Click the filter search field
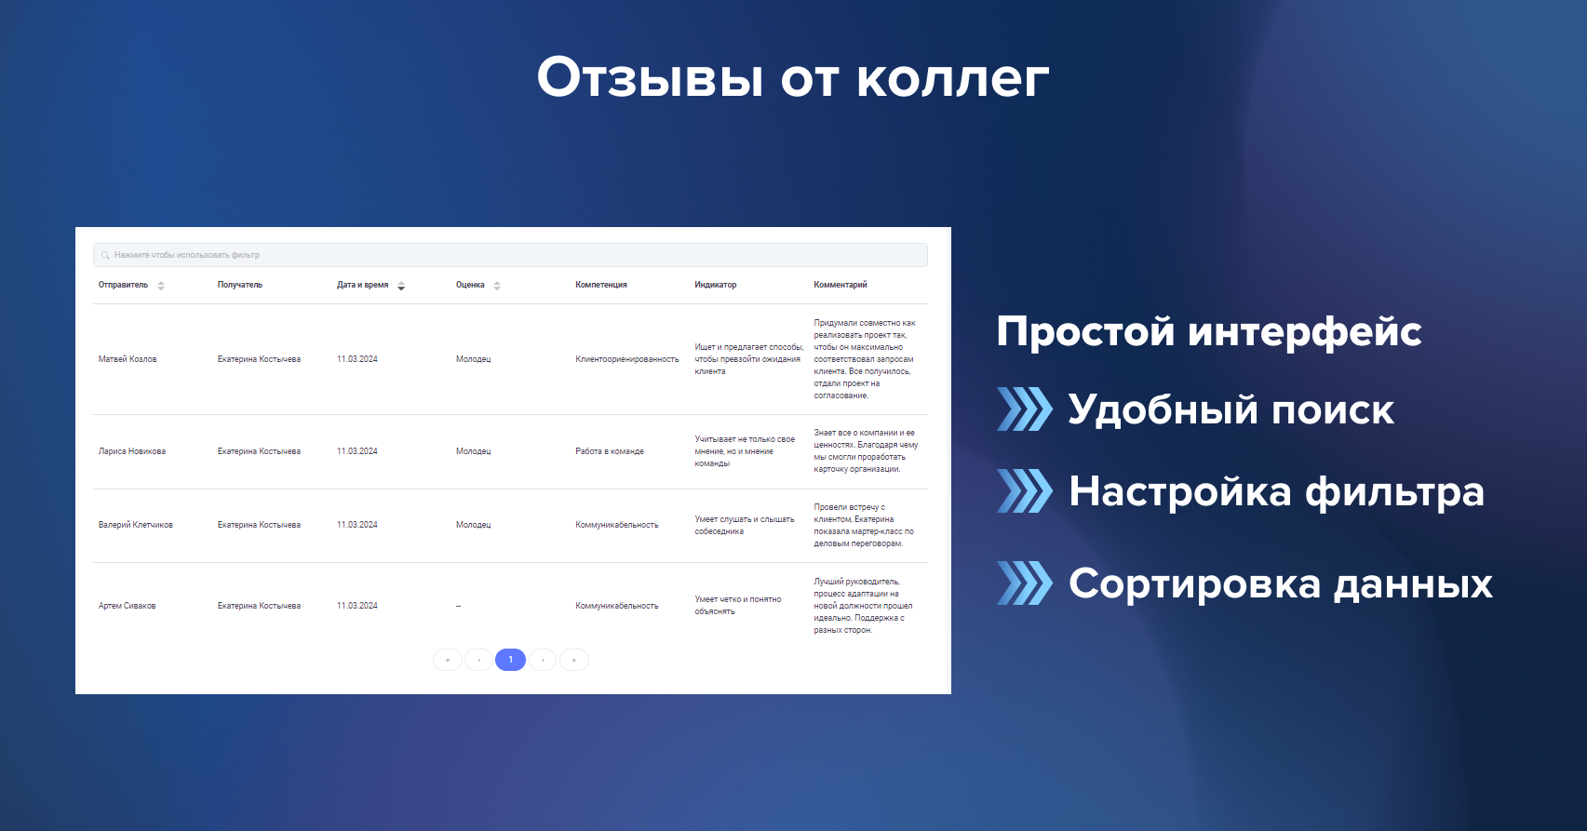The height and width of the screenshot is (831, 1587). pyautogui.click(x=510, y=255)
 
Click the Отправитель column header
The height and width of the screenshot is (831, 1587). pyautogui.click(x=123, y=285)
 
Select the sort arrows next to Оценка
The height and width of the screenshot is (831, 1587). pyautogui.click(x=497, y=286)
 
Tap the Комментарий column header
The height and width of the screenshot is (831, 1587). pyautogui.click(x=841, y=285)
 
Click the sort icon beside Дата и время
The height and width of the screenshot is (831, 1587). pyautogui.click(x=401, y=286)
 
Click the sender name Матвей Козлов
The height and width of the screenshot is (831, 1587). pyautogui.click(x=128, y=359)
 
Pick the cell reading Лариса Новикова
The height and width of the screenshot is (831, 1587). pyautogui.click(x=132, y=451)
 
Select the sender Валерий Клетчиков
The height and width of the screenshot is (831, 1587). pyautogui.click(x=135, y=525)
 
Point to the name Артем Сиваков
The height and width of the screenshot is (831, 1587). pyautogui.click(x=127, y=606)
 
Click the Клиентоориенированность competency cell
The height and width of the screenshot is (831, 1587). pyautogui.click(x=627, y=359)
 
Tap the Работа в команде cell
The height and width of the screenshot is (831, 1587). pyautogui.click(x=610, y=451)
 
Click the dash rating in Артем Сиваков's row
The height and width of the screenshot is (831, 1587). pyautogui.click(x=458, y=606)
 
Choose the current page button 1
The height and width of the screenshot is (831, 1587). pyautogui.click(x=510, y=660)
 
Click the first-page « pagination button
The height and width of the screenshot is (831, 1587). pyautogui.click(x=448, y=660)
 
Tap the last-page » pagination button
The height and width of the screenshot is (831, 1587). pyautogui.click(x=574, y=660)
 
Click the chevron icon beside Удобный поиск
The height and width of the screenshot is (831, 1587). pyautogui.click(x=1025, y=409)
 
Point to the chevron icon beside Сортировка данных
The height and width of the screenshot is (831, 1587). pyautogui.click(x=1025, y=583)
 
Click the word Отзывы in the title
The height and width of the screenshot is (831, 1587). pyautogui.click(x=650, y=77)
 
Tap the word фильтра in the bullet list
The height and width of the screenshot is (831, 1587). pyautogui.click(x=1394, y=491)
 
